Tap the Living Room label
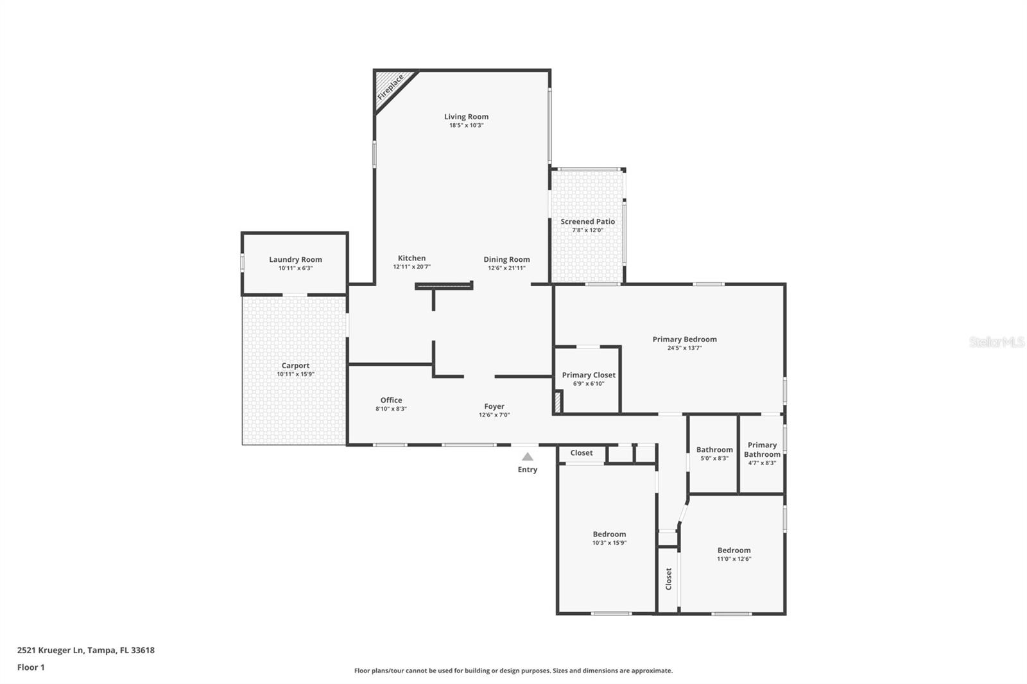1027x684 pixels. click(466, 117)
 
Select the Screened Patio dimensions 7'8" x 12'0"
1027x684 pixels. click(588, 230)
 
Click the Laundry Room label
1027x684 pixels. click(296, 259)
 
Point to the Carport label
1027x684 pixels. click(295, 366)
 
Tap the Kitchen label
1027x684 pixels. click(411, 258)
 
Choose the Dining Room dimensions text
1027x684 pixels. click(506, 268)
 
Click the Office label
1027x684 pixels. click(391, 400)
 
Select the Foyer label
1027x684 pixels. click(494, 406)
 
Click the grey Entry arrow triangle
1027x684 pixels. click(528, 457)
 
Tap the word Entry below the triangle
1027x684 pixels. click(527, 470)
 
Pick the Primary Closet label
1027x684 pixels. click(589, 375)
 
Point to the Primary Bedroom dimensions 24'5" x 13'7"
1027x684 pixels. click(684, 348)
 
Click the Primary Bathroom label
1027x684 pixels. click(762, 450)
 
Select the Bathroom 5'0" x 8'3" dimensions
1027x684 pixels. click(714, 458)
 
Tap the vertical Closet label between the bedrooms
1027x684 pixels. click(668, 579)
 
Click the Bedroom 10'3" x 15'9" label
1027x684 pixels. click(609, 534)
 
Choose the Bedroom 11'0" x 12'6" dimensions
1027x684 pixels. click(734, 559)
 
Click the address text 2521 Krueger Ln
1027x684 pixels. click(51, 650)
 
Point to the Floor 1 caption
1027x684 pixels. click(31, 667)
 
